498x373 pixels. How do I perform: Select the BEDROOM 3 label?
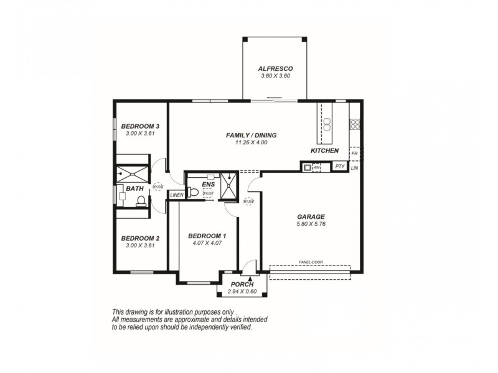coord(136,125)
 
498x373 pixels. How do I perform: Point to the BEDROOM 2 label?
coord(140,237)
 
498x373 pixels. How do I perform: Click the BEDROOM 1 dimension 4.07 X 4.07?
coord(207,243)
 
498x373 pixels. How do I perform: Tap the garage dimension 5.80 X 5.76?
coord(311,224)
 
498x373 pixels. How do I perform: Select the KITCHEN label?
coord(324,151)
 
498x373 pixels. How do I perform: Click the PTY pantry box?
coord(339,166)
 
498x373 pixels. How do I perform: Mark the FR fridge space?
coord(354,153)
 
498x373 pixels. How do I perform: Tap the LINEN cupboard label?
coord(177,195)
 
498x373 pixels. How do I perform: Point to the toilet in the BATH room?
coord(141,200)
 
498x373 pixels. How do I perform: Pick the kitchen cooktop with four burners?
coord(354,123)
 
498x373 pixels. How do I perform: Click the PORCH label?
coord(242,284)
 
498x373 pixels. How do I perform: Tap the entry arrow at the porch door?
coord(250,279)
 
